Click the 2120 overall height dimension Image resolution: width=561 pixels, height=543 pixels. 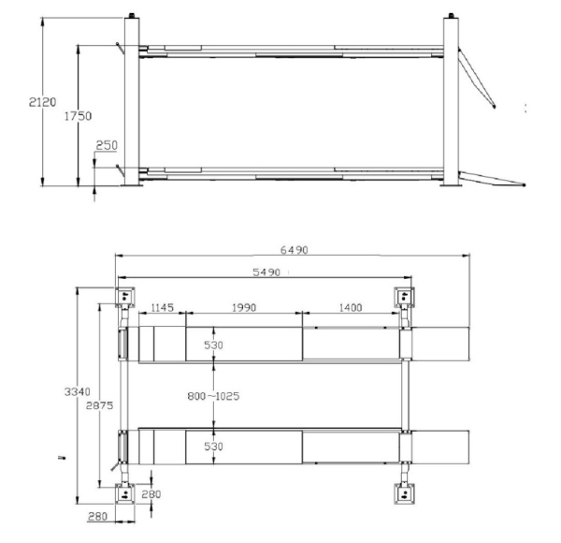[x=43, y=102]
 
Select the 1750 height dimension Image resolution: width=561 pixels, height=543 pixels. [x=78, y=116]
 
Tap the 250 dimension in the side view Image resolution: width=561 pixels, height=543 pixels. [x=107, y=145]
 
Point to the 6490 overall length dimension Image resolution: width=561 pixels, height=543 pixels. [x=294, y=250]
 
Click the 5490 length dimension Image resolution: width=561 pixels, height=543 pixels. [x=266, y=272]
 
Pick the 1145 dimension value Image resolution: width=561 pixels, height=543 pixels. [x=162, y=307]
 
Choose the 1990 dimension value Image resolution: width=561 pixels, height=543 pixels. [x=244, y=307]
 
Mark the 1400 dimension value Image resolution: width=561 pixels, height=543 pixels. [x=351, y=307]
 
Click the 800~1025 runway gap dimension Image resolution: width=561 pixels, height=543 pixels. [x=213, y=396]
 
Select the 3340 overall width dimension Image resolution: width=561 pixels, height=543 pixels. [x=78, y=392]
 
